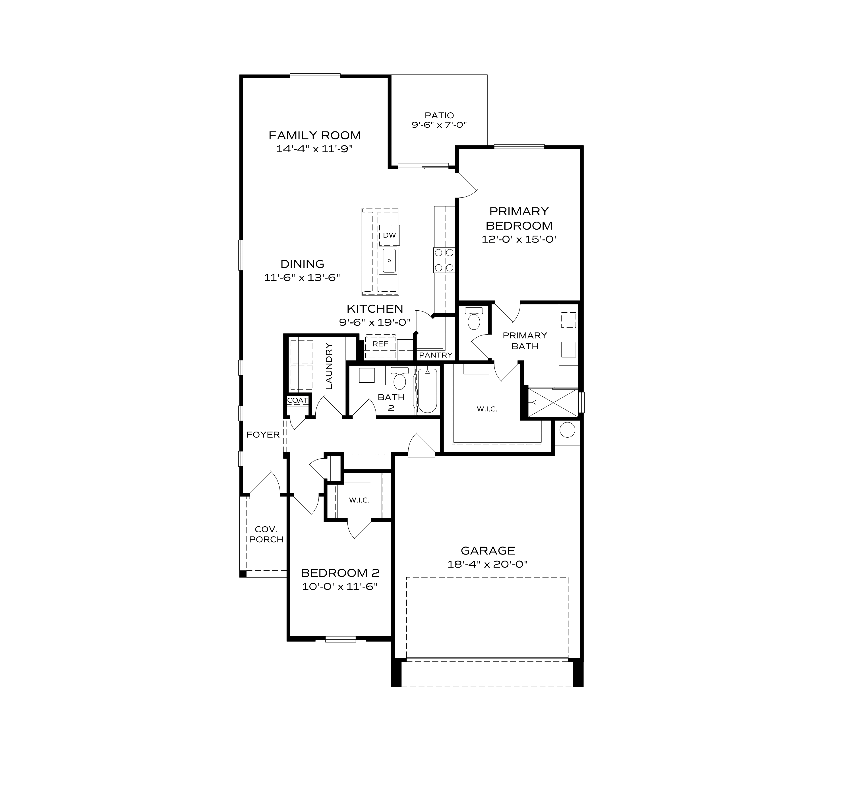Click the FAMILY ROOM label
coord(314,136)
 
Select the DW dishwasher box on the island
coord(389,235)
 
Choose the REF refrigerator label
coord(380,344)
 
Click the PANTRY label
coord(436,355)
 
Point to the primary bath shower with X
coord(553,403)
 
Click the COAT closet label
coord(297,400)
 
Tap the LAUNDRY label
coord(329,366)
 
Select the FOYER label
coord(263,435)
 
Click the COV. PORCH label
coord(266,534)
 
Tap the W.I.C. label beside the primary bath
coord(487,409)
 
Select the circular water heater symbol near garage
coord(567,430)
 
